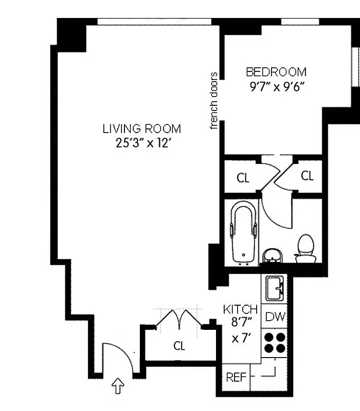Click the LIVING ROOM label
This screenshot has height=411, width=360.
141,128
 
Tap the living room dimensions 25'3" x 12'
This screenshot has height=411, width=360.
141,143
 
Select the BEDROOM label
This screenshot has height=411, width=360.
276,72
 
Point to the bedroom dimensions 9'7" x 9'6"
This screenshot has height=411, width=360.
276,86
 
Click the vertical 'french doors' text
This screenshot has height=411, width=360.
214,101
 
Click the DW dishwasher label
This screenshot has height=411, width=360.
275,317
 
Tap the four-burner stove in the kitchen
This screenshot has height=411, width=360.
275,343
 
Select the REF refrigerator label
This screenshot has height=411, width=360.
236,378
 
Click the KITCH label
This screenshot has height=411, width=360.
240,309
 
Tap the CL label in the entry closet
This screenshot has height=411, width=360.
178,346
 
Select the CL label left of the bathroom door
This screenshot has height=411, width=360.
243,178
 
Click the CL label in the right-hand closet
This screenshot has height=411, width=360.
307,176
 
